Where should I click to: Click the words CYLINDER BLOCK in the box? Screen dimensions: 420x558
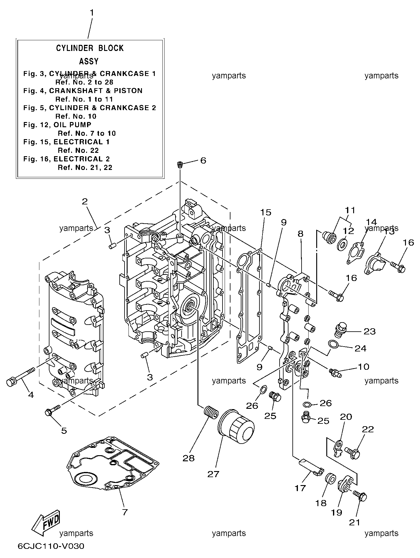(90, 48)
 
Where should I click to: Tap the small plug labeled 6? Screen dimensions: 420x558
(180, 165)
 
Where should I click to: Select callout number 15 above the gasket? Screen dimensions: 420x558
(266, 212)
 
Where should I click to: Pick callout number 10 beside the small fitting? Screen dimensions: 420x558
(363, 366)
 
